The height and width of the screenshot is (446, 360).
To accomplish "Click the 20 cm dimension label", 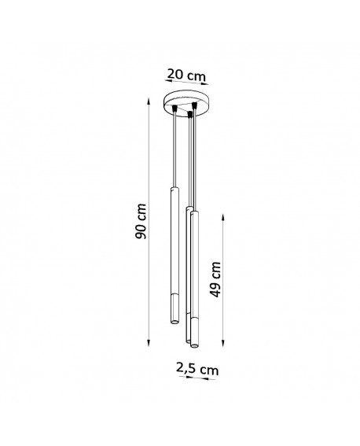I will tap(186, 75).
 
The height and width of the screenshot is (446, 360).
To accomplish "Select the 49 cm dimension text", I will tap(215, 278).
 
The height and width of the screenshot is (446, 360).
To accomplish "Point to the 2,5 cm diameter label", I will tap(197, 367).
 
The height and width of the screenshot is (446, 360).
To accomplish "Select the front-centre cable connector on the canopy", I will tap(189, 115).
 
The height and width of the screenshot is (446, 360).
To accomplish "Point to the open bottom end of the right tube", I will tap(194, 343).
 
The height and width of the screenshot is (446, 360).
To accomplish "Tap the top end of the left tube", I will tap(172, 190).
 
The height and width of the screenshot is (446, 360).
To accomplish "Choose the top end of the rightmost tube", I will tap(194, 210).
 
